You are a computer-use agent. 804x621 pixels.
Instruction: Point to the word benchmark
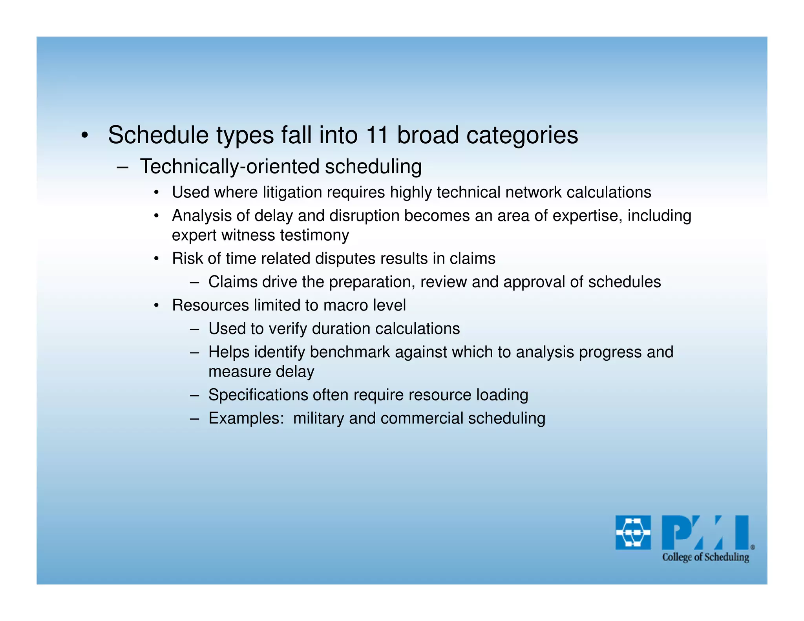[x=350, y=352]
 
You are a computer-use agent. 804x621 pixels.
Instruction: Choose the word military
[x=318, y=418]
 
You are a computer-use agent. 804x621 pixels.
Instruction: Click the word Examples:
[x=246, y=418]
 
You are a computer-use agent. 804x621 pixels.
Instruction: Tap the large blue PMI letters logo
[x=705, y=532]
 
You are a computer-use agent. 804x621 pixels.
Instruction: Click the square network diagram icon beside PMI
[x=633, y=532]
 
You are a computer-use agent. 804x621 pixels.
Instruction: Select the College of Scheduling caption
[x=705, y=557]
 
